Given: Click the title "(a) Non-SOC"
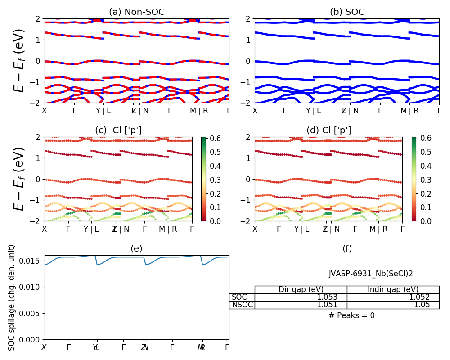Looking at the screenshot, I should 136,12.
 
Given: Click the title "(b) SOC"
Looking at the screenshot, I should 347,12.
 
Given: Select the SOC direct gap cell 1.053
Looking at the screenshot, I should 301,297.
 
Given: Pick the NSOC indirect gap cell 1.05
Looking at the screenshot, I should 393,305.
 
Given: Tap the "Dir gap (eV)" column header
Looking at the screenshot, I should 301,289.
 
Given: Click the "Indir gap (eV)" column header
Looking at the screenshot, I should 393,289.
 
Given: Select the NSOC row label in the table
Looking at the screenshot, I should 243,305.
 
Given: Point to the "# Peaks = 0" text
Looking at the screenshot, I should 351,315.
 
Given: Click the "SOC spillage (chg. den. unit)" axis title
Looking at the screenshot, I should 12,297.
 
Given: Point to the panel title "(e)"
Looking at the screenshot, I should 136,248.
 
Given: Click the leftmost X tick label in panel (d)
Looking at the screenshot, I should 255,229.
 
